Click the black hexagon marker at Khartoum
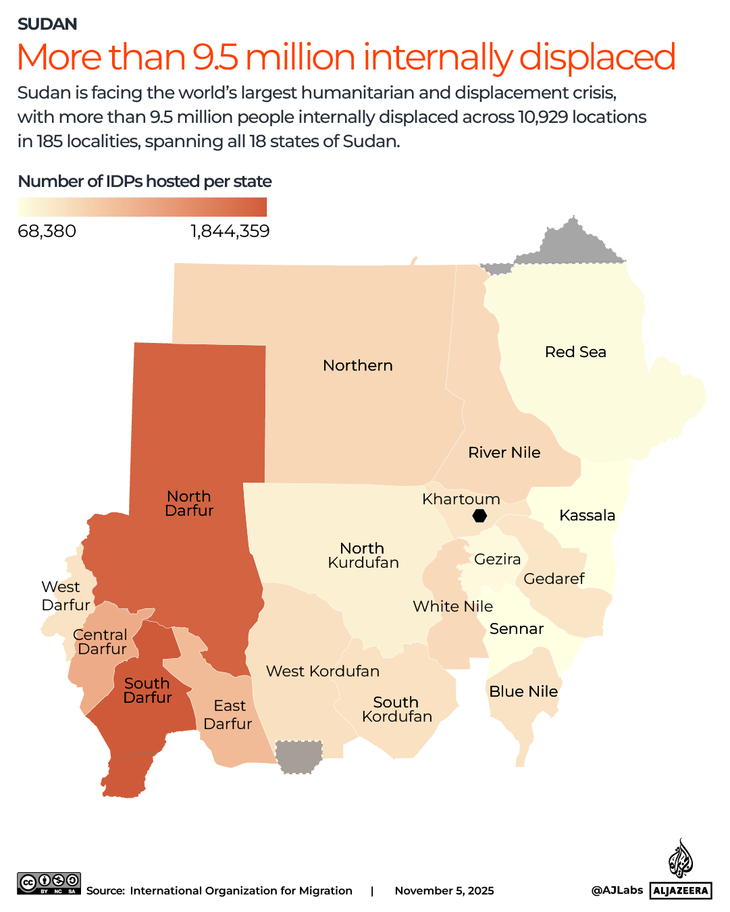pos(479,516)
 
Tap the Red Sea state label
pos(575,352)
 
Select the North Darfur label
pos(189,504)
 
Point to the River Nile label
pos(504,452)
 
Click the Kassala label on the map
pos(587,515)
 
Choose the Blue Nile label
pos(523,691)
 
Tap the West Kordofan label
pos(323,671)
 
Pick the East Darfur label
pos(228,714)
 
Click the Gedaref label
pos(554,579)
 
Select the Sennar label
pos(517,628)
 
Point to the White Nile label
pos(453,606)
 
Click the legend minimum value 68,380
pos(47,231)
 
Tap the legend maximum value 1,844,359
pos(230,231)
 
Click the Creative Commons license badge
pos(49,884)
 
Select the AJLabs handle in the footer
pos(617,890)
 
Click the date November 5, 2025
pos(444,890)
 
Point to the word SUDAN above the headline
pos(47,24)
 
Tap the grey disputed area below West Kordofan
pos(298,757)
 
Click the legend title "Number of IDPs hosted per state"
pos(145,181)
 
